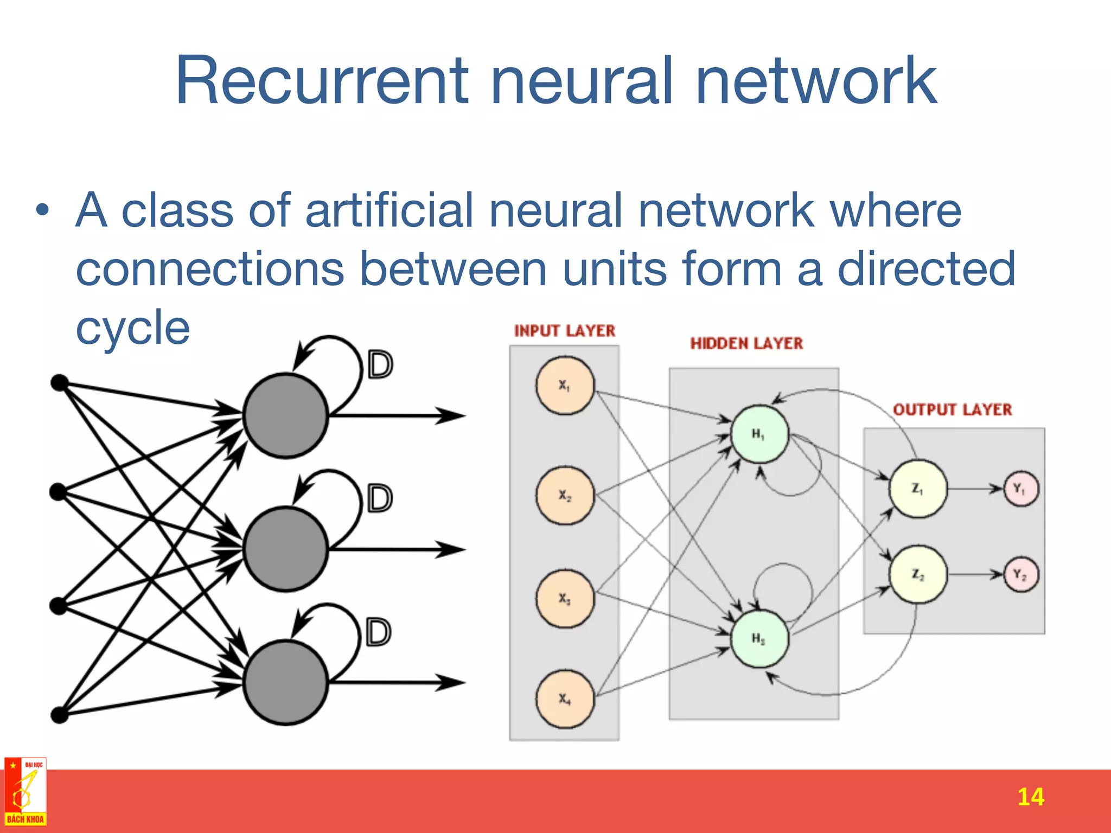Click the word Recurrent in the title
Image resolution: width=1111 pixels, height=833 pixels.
click(x=322, y=81)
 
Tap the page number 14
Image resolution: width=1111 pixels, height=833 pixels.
click(x=1030, y=797)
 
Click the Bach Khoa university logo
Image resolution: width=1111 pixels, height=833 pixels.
click(x=25, y=792)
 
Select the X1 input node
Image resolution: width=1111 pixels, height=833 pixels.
click(x=565, y=386)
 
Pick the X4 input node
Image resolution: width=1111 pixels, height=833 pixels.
click(x=565, y=699)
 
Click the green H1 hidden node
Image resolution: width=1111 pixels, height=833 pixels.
click(x=759, y=434)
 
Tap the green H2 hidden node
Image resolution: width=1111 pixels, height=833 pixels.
click(x=759, y=638)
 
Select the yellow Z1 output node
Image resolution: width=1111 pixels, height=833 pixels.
click(x=917, y=489)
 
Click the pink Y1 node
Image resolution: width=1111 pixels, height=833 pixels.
click(x=1020, y=489)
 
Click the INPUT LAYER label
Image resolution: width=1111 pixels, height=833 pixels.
click(x=564, y=331)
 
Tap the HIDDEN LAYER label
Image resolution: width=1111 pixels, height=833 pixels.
click(x=746, y=343)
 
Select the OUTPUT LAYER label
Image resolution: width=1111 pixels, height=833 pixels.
click(x=952, y=409)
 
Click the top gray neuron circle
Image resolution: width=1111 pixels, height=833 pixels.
click(x=285, y=415)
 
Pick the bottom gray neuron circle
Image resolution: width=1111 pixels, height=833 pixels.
click(x=285, y=682)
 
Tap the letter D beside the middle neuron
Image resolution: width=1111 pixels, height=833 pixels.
click(x=380, y=498)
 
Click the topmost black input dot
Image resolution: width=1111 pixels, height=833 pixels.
click(x=60, y=383)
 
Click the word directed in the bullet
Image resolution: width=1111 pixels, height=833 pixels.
click(x=926, y=268)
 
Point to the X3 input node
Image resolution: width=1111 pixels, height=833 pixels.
click(x=565, y=599)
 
